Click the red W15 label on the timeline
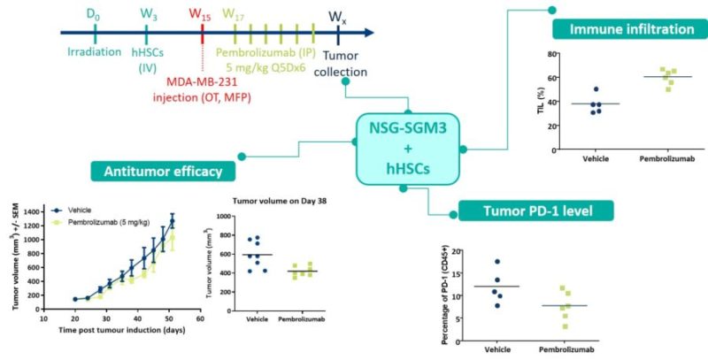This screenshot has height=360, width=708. pos(202,15)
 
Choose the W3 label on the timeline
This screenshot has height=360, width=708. pos(148,15)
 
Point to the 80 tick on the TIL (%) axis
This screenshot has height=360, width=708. pos(550,54)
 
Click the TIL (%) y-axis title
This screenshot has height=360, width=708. pos(531,102)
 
